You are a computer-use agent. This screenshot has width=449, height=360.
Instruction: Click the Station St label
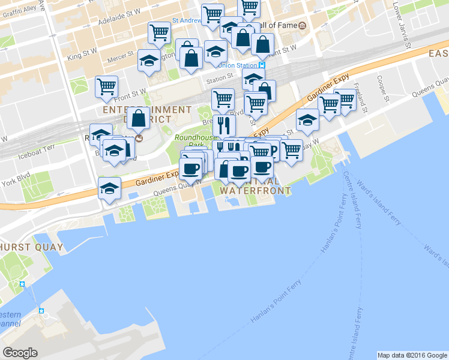pos(219,78)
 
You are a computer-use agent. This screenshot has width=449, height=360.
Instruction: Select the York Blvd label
pos(16,181)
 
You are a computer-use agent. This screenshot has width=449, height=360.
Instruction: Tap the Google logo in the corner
pos(20,353)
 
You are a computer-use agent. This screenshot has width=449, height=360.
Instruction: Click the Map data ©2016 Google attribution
pos(411,355)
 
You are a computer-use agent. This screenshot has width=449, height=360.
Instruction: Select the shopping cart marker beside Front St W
pos(106,86)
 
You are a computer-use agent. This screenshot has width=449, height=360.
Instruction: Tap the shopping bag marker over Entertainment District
pos(139,118)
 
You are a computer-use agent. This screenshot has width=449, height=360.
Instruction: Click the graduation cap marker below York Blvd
pos(110,188)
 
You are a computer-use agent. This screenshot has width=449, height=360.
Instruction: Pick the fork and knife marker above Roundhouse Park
pos(224,125)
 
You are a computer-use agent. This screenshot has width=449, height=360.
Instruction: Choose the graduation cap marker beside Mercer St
pos(149,60)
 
